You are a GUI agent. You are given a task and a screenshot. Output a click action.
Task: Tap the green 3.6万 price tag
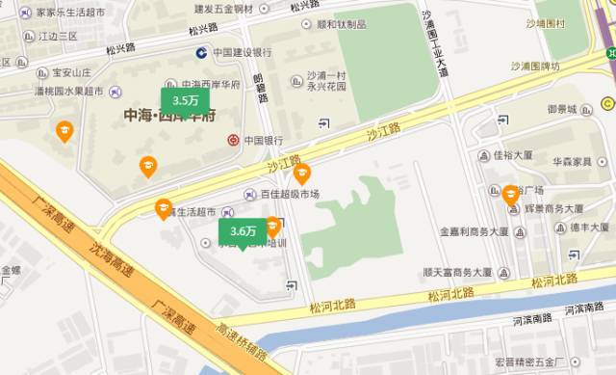pyautogui.click(x=242, y=231)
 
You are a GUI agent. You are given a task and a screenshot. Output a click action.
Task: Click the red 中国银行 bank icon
pyautogui.click(x=233, y=141)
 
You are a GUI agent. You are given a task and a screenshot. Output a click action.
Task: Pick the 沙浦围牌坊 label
pyautogui.click(x=540, y=67)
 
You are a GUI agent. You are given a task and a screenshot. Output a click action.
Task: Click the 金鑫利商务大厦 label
pyautogui.click(x=474, y=232)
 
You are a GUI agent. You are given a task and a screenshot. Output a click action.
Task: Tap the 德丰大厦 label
pyautogui.click(x=584, y=228)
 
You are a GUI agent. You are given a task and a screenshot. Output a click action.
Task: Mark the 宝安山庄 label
pyautogui.click(x=71, y=71)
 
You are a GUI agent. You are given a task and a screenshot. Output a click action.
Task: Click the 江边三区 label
pyautogui.click(x=59, y=36)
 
